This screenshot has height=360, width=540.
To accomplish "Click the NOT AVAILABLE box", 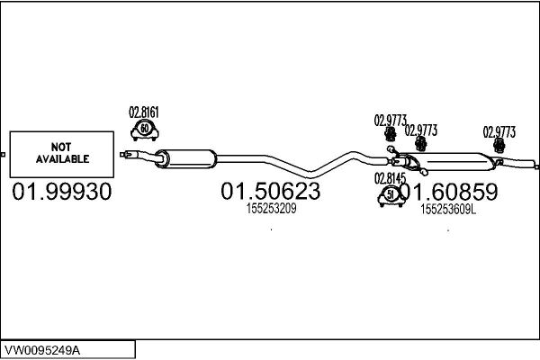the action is (61, 154).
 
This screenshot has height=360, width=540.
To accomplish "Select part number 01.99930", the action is (62, 192).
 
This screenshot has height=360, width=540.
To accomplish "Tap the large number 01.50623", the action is (271, 191).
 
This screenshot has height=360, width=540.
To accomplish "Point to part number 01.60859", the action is (449, 192).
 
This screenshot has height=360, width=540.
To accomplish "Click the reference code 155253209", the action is (272, 209).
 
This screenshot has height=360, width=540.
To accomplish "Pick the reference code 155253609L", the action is (448, 209).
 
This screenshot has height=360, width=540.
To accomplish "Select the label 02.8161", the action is (144, 112).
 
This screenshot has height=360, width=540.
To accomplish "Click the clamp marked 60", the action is (145, 130).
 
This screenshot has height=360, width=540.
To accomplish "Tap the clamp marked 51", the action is (391, 196).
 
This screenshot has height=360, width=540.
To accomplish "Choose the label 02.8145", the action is (391, 178).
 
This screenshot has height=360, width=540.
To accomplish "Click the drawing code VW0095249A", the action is (42, 350).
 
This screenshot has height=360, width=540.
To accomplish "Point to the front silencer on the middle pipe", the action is (186, 159).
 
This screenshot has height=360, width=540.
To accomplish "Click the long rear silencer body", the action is (449, 162).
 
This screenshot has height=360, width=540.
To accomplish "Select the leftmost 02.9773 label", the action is (391, 121).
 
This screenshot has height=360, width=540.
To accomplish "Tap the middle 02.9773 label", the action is (421, 130).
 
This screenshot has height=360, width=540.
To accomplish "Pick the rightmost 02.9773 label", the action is (499, 132).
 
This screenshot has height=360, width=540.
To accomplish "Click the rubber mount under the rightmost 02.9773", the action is (499, 146).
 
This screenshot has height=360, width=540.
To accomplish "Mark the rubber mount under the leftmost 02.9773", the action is (390, 134).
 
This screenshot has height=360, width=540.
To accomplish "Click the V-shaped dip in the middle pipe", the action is (310, 173).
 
